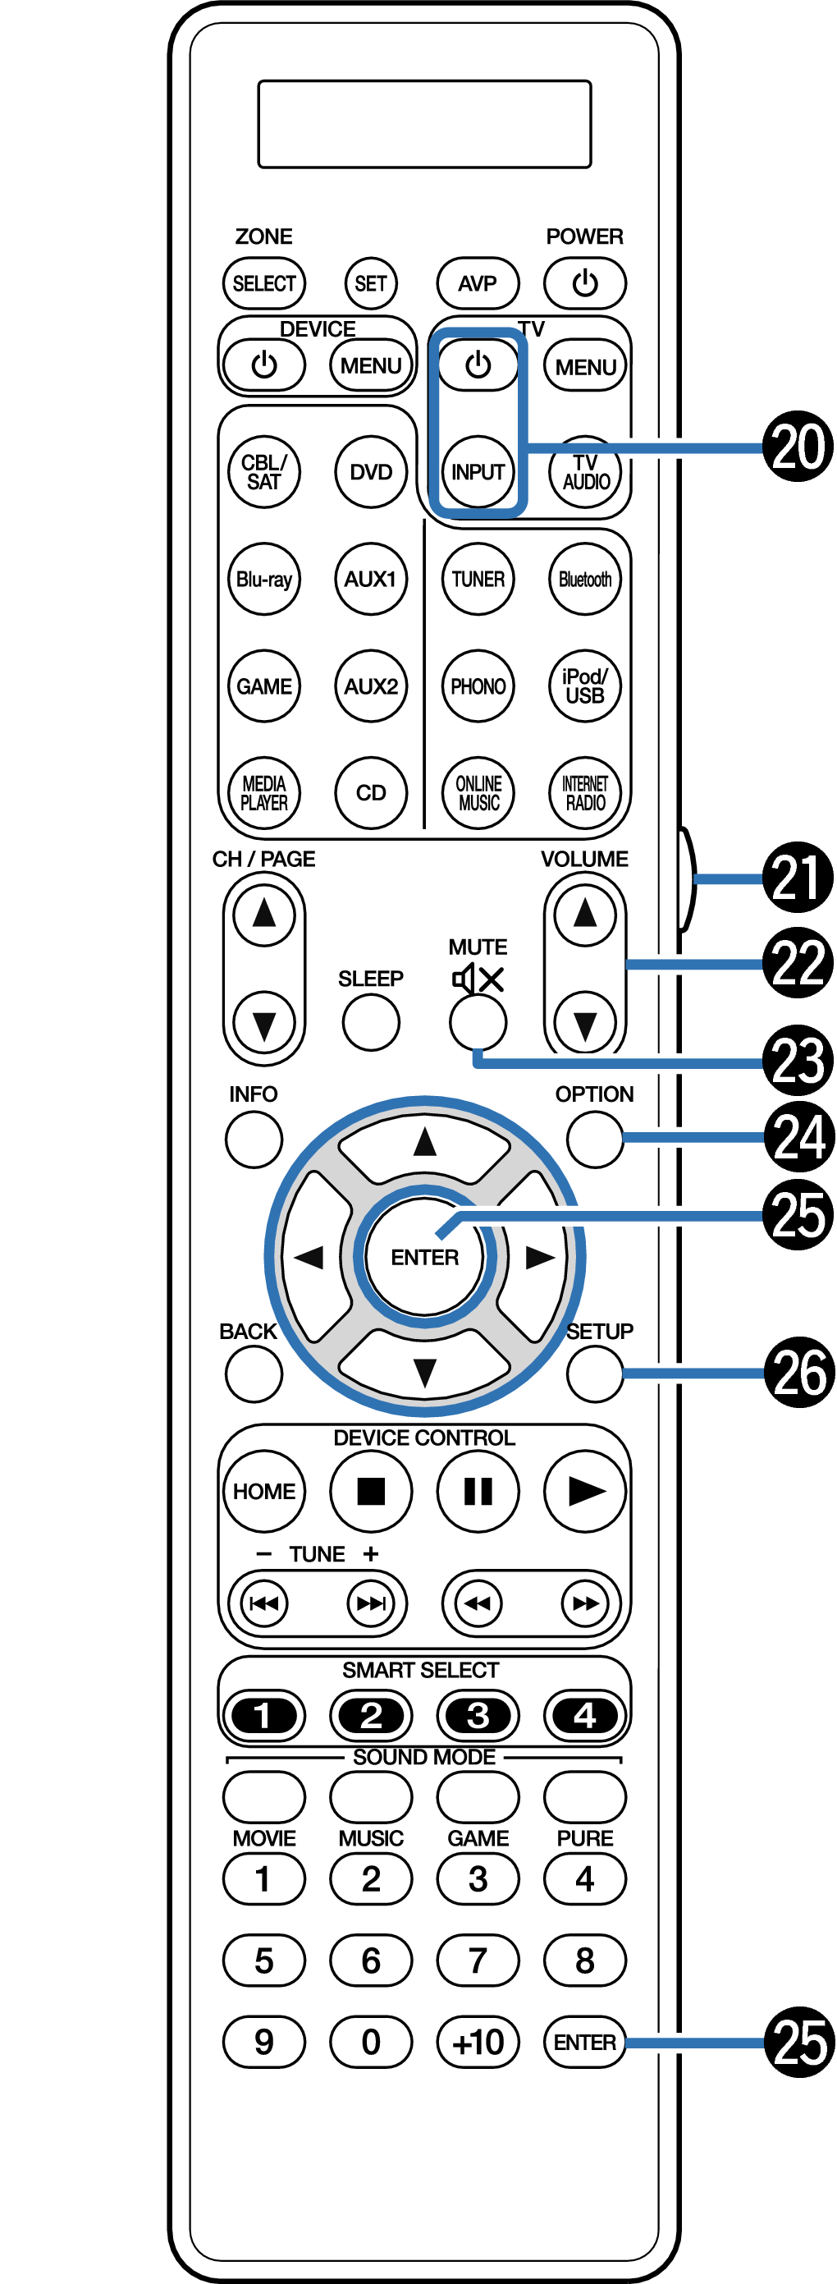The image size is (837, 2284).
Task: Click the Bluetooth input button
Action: (584, 579)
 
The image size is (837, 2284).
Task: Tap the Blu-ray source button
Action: (263, 579)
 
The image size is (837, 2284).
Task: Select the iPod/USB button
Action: (584, 686)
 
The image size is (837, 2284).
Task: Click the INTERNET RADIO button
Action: (584, 792)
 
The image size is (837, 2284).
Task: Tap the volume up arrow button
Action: (584, 913)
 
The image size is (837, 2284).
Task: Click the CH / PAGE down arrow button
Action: (263, 1023)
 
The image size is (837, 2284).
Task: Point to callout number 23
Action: (798, 1061)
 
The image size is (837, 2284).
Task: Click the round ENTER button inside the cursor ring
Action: (425, 1256)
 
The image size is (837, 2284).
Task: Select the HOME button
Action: (263, 1492)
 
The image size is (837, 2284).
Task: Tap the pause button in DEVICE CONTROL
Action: (478, 1492)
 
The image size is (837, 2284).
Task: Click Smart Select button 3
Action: (478, 1716)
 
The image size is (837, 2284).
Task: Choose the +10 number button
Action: (478, 2042)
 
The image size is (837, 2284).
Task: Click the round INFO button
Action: (254, 1139)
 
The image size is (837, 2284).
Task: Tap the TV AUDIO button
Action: (585, 473)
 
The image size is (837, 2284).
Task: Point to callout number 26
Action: (798, 1373)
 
